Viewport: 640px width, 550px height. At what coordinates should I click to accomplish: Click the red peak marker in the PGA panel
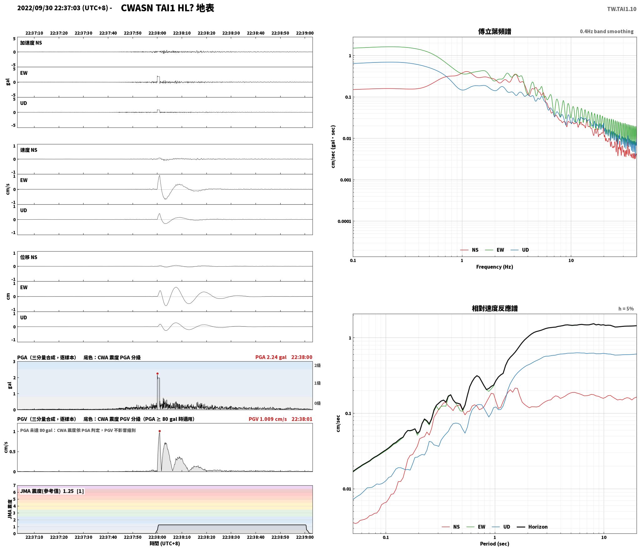[157, 373]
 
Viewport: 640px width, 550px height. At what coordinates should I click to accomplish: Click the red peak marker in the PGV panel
[160, 431]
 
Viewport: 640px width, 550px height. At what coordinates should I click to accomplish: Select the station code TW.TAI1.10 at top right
[622, 9]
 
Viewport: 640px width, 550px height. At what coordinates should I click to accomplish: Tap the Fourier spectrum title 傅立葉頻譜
[495, 32]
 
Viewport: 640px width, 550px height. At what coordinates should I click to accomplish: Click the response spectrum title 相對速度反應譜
[495, 308]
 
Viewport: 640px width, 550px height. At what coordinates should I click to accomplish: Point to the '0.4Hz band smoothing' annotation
[607, 32]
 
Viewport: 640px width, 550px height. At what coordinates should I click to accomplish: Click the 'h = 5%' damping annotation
[626, 309]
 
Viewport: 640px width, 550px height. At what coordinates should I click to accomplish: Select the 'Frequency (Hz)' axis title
[495, 267]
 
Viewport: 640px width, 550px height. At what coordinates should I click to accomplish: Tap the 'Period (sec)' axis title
[495, 544]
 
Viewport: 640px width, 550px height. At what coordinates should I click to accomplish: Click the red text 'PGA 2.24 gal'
[271, 357]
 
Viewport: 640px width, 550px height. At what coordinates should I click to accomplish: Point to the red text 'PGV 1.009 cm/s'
[267, 419]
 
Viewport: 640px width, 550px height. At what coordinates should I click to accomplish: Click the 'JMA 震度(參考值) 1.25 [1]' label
[52, 491]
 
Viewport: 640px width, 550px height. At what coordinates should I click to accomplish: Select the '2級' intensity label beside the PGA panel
[317, 365]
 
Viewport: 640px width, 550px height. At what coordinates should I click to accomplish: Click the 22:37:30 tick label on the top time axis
[84, 33]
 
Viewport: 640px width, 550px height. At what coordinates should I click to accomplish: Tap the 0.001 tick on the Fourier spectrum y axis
[346, 180]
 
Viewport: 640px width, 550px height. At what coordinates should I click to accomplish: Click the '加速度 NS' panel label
[31, 43]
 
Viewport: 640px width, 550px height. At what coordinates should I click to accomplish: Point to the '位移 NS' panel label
[29, 257]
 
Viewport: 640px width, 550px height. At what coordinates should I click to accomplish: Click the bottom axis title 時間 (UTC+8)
[165, 543]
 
